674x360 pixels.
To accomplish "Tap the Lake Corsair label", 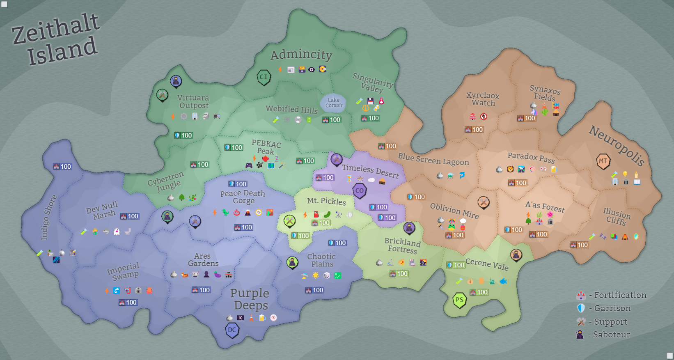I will [334, 103].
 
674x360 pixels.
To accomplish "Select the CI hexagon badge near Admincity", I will [264, 77].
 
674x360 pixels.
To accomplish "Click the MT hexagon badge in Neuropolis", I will [603, 161].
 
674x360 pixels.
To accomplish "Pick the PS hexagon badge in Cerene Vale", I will [459, 300].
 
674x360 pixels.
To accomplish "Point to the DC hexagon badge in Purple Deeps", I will [232, 330].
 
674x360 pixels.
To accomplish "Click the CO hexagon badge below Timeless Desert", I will [360, 190].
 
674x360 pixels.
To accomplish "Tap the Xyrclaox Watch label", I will [483, 99].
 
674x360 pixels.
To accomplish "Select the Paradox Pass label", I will [531, 157].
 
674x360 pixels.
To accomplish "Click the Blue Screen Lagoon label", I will [433, 159].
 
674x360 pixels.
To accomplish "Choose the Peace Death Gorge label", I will [243, 197].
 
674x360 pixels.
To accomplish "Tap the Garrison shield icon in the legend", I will [580, 308].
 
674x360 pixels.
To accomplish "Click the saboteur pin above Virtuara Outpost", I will [176, 81].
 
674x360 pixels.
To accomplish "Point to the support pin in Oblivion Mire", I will [484, 202].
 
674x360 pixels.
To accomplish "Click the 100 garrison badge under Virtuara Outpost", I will [183, 135].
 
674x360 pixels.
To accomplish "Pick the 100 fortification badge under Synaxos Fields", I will [527, 118].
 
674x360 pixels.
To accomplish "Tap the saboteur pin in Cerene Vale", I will [516, 255].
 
